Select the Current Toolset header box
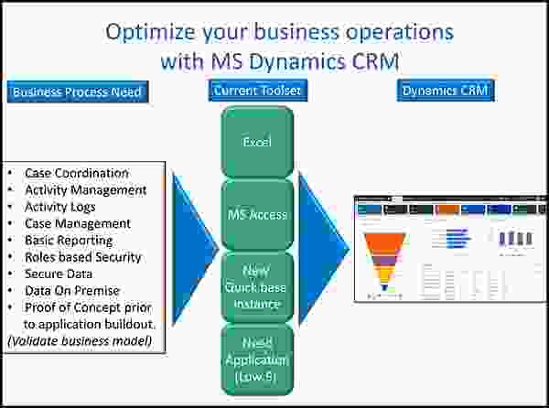coord(257,91)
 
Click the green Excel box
coord(256,143)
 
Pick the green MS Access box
coord(256,215)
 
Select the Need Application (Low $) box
coord(256,358)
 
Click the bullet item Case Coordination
coord(77,173)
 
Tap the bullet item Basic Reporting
coord(70,241)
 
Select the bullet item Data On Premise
coord(72,291)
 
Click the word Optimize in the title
coord(152,33)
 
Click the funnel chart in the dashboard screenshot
coord(385,258)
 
